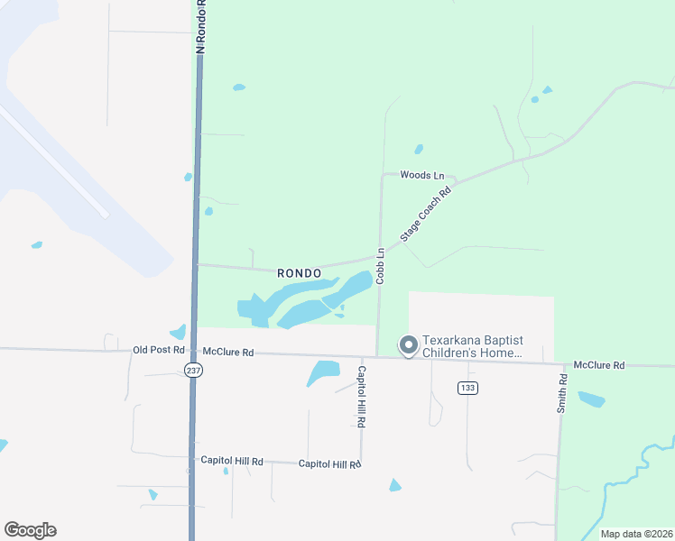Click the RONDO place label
coord(300,271)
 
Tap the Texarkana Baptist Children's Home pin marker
coord(408,345)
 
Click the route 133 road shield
coord(467,388)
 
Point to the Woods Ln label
coord(422,175)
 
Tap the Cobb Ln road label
coord(381,266)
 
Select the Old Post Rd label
coord(158,350)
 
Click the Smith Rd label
coord(562,393)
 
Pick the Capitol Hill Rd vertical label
coord(361,396)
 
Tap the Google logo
coord(30,530)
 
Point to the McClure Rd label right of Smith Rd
coord(598,365)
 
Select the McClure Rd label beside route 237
coord(227,352)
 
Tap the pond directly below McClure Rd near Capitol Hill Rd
coord(322,371)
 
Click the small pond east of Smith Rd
coord(591,399)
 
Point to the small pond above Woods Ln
coord(418,150)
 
